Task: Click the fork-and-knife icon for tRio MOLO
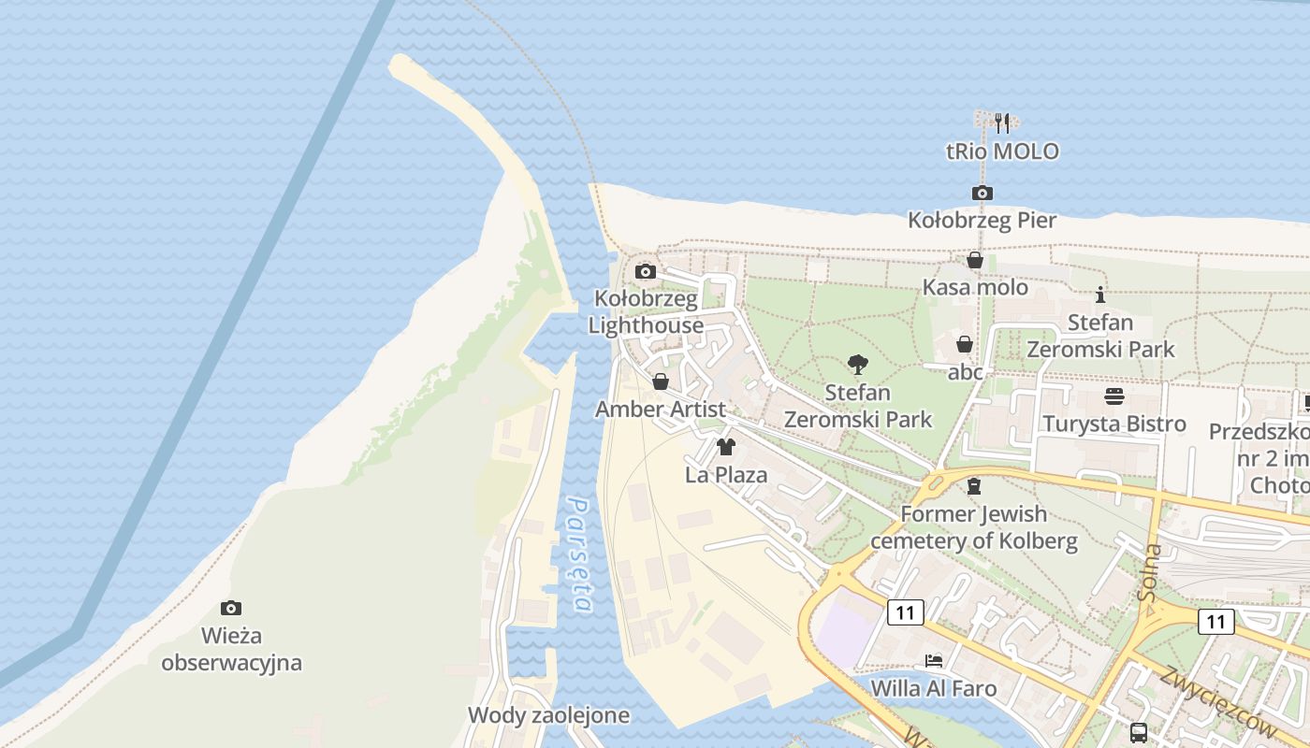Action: pos(1002,122)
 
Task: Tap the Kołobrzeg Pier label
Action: pos(982,221)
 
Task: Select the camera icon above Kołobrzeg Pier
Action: pos(982,194)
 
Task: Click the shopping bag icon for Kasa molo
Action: pos(974,260)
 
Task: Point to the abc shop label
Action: pos(966,372)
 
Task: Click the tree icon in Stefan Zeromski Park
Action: pos(857,365)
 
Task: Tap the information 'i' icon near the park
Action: pos(1100,295)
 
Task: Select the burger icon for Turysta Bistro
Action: pos(1113,396)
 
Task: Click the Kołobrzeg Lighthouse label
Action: pos(646,312)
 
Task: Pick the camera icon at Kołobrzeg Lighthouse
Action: pos(645,272)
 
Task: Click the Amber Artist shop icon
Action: pos(660,381)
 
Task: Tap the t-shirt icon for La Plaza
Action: pos(725,447)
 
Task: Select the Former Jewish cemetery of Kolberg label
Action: pos(974,527)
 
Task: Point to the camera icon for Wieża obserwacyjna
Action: pos(230,609)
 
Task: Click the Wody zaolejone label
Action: pos(548,716)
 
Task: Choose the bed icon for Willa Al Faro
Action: pos(933,661)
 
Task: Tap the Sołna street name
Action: pos(1151,570)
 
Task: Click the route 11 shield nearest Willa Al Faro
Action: pos(905,612)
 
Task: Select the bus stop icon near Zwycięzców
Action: pos(1138,732)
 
